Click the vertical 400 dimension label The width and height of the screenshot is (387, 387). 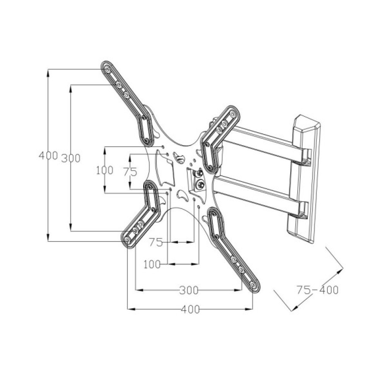[48, 156]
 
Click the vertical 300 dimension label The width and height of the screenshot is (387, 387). [71, 158]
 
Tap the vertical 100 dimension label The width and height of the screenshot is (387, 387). [104, 170]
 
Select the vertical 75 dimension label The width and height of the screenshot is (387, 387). [130, 172]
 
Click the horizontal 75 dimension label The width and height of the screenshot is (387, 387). [156, 242]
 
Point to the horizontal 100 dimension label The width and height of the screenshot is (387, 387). [152, 265]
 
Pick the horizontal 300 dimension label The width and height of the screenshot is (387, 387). [189, 290]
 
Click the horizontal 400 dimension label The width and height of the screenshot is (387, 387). [190, 309]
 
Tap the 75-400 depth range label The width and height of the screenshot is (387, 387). [317, 290]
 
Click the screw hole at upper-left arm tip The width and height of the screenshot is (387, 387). [108, 70]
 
